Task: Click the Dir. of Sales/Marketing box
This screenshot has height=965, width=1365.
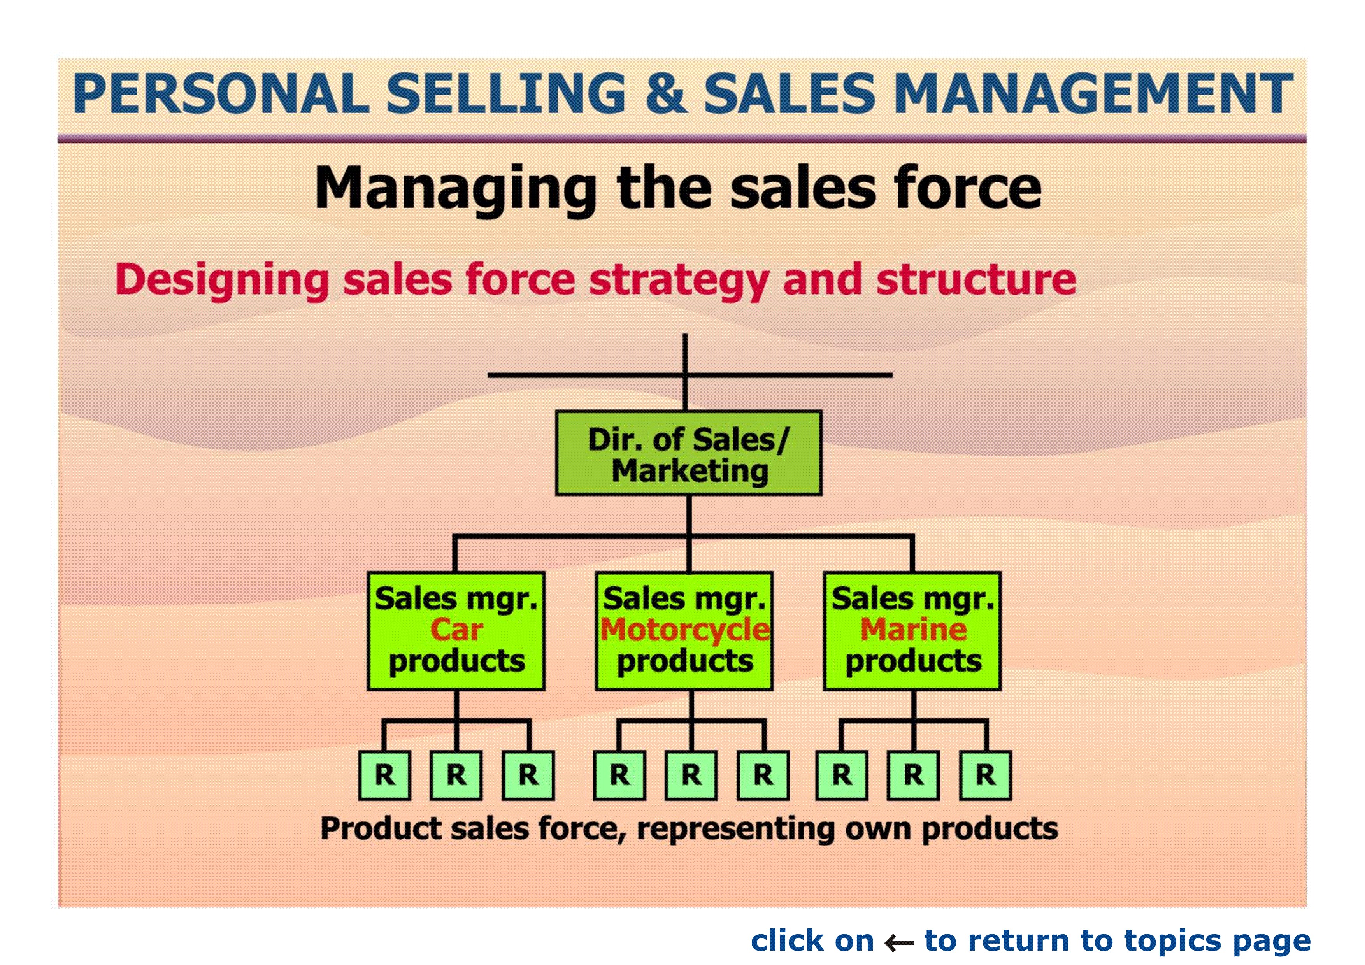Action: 688,453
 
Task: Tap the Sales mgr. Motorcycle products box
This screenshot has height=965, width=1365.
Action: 684,631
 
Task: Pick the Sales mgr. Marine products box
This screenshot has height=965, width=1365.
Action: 912,631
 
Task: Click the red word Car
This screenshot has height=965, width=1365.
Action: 456,630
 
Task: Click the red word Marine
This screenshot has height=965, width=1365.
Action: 913,630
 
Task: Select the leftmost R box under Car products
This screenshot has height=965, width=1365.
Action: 384,776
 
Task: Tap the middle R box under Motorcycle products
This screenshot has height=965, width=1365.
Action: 691,776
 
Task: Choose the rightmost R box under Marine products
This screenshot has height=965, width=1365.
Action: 985,776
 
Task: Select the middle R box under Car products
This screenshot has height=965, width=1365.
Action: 456,776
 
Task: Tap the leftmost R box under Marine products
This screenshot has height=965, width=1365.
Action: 841,776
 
